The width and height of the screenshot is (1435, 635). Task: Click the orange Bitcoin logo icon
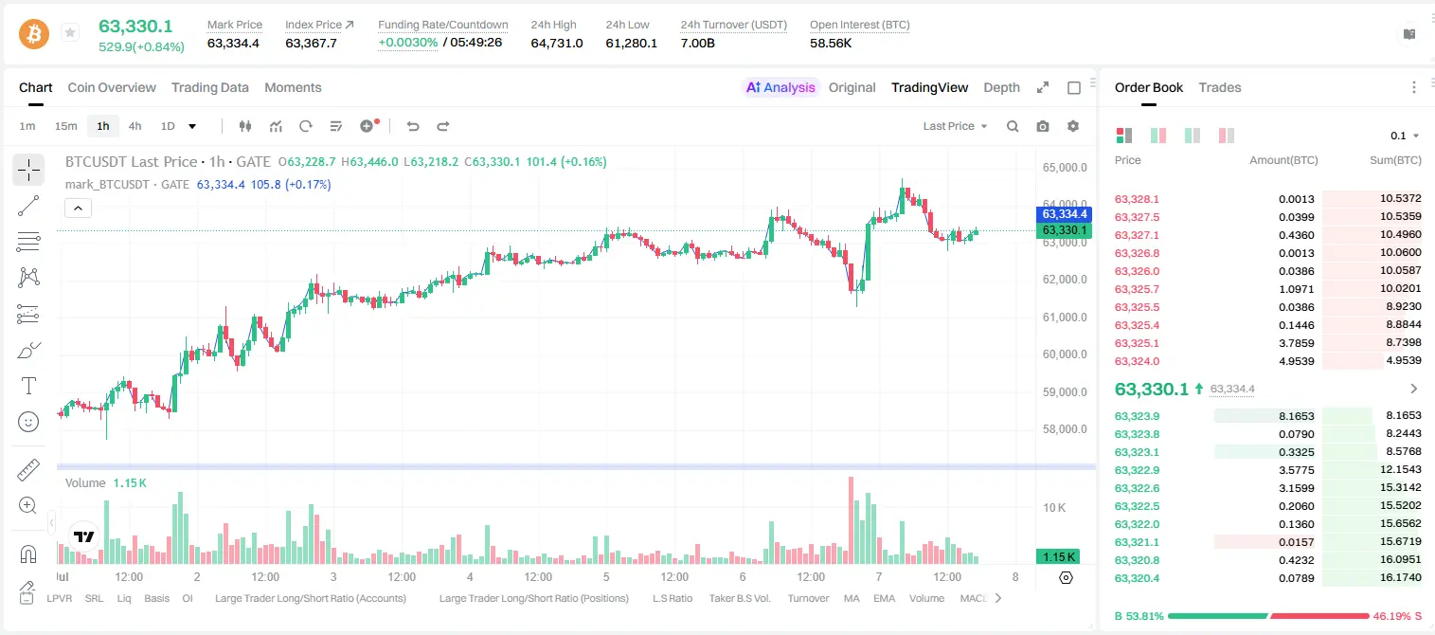(x=34, y=34)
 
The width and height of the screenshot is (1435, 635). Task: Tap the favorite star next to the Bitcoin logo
(x=70, y=32)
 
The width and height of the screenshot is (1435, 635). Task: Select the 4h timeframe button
(x=135, y=126)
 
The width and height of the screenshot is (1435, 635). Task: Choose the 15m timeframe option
(x=66, y=126)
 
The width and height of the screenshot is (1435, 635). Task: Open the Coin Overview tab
(x=112, y=87)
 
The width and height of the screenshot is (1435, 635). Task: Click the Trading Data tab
(x=210, y=87)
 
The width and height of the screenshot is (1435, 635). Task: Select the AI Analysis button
(x=780, y=87)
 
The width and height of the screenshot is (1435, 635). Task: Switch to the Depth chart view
(x=1001, y=87)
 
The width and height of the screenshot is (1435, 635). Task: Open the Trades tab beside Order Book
(x=1220, y=87)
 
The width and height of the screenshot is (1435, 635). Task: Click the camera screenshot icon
(x=1043, y=126)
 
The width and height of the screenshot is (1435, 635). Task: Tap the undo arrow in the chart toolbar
(x=413, y=126)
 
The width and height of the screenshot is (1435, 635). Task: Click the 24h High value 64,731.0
(x=557, y=43)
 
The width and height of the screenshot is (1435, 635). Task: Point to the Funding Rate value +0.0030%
(x=408, y=43)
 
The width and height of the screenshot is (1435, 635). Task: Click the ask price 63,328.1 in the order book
(x=1138, y=199)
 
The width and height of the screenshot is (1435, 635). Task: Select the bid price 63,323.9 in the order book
(x=1138, y=416)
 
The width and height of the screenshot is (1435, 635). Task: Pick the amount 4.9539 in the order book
(x=1297, y=361)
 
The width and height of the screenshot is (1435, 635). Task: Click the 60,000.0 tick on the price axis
(x=1065, y=354)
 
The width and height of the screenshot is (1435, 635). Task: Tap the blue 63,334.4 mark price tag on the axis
(x=1064, y=214)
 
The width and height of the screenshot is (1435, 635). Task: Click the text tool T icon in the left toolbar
(x=28, y=386)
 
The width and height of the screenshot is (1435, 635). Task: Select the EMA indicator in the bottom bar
(x=884, y=598)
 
